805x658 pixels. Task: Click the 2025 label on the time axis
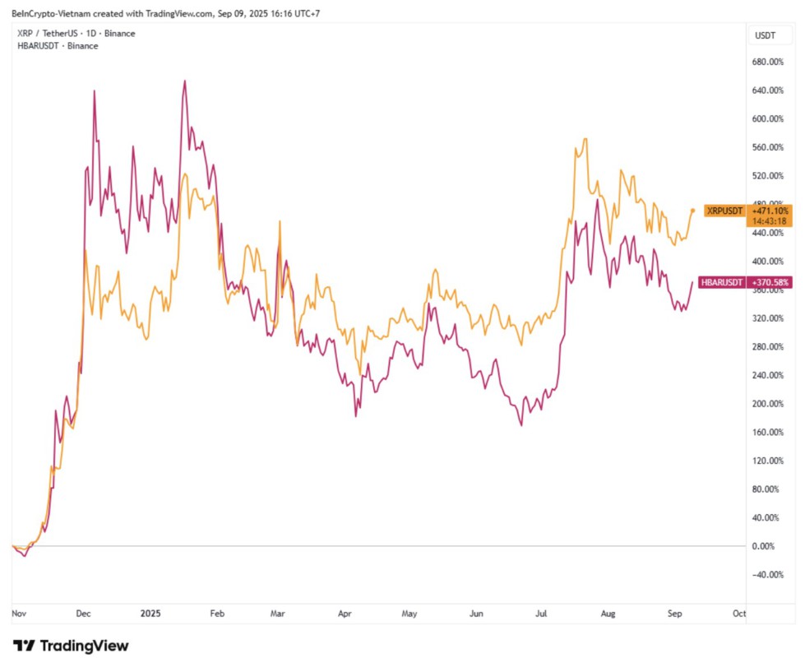click(150, 614)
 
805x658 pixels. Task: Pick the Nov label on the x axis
click(19, 614)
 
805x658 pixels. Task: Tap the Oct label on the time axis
click(739, 614)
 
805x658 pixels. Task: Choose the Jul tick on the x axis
click(542, 614)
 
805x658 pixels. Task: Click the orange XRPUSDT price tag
click(724, 211)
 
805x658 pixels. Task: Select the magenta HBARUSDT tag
click(721, 282)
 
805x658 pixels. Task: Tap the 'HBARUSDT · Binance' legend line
click(58, 46)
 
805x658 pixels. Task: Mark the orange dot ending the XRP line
click(692, 210)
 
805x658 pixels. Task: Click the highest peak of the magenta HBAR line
click(184, 81)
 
